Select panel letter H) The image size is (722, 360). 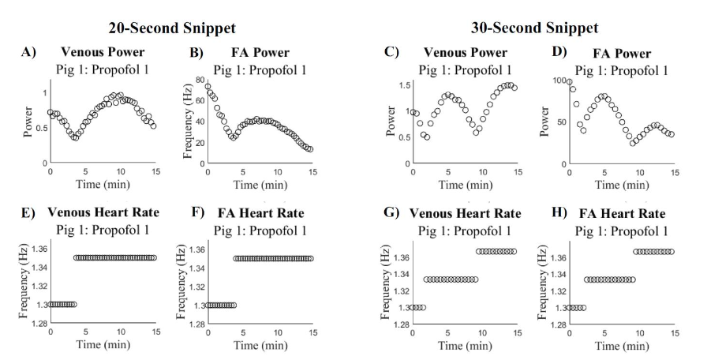[x=544, y=213]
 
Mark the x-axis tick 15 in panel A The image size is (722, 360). [x=155, y=171]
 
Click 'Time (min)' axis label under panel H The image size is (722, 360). [x=622, y=347]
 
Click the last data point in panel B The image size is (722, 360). [x=310, y=149]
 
